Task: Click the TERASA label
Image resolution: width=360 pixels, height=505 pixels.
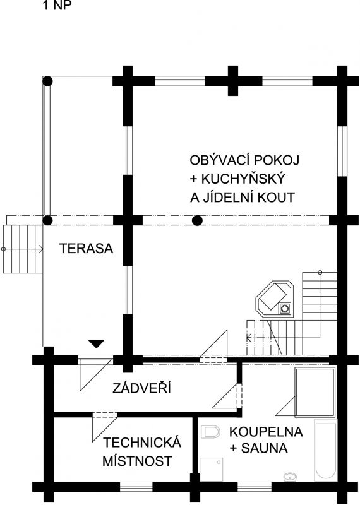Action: point(87,249)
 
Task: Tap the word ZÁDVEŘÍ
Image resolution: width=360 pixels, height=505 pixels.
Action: point(141,388)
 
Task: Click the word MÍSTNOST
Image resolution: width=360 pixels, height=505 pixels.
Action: point(137,461)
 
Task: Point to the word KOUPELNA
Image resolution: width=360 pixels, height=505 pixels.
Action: point(266,432)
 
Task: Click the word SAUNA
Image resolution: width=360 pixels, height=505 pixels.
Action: point(264,448)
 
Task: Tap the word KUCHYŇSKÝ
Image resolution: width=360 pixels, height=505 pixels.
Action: point(243,178)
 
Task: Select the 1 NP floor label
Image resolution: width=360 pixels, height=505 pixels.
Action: point(57,5)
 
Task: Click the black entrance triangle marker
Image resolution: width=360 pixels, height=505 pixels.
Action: point(97,343)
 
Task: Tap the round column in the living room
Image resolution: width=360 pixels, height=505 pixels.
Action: point(197,220)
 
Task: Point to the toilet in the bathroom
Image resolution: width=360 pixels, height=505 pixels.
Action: point(210,432)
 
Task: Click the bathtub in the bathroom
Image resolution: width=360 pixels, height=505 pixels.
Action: point(325,450)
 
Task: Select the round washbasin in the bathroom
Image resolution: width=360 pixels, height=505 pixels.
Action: point(290,476)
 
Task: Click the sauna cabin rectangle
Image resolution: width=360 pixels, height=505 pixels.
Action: point(315,391)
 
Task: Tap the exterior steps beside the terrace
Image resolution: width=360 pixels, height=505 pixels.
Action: point(23,249)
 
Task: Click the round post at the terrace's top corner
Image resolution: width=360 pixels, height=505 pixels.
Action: point(48,81)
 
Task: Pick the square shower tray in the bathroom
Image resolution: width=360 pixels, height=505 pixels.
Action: point(212,470)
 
